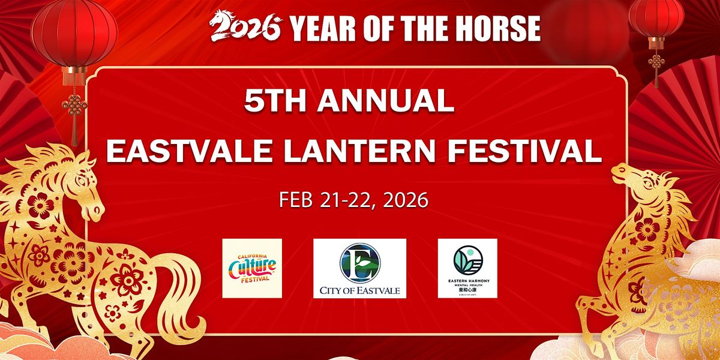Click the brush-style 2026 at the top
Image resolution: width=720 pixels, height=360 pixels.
click(x=245, y=27)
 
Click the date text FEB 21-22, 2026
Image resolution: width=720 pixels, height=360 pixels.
click(x=353, y=200)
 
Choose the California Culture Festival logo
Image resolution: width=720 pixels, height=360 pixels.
click(x=252, y=268)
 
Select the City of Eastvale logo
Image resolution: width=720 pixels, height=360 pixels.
click(x=359, y=268)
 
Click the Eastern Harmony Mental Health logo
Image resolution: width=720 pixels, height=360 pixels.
click(x=467, y=268)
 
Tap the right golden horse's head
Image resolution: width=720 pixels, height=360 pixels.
click(x=636, y=180)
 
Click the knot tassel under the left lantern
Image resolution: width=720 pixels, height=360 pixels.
click(x=74, y=111)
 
